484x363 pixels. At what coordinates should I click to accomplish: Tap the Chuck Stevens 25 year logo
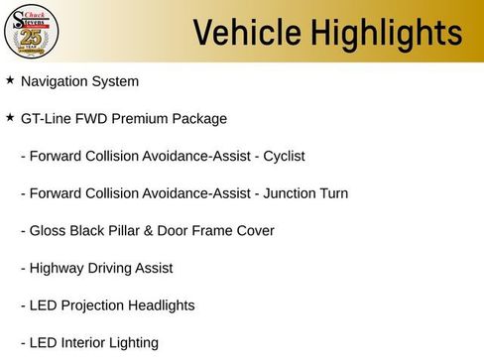coord(32,32)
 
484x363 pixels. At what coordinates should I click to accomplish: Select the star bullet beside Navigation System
coord(10,79)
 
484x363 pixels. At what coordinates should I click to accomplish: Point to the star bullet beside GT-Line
coord(10,117)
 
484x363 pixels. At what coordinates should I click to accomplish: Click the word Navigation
coord(57,80)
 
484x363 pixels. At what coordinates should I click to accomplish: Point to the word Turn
coord(332,193)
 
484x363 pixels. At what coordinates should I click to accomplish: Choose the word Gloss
coord(49,231)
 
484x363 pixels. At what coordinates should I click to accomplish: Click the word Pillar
coord(131,231)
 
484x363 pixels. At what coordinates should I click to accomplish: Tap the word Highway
coord(59,268)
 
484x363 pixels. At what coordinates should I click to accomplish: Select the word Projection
coord(95,305)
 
